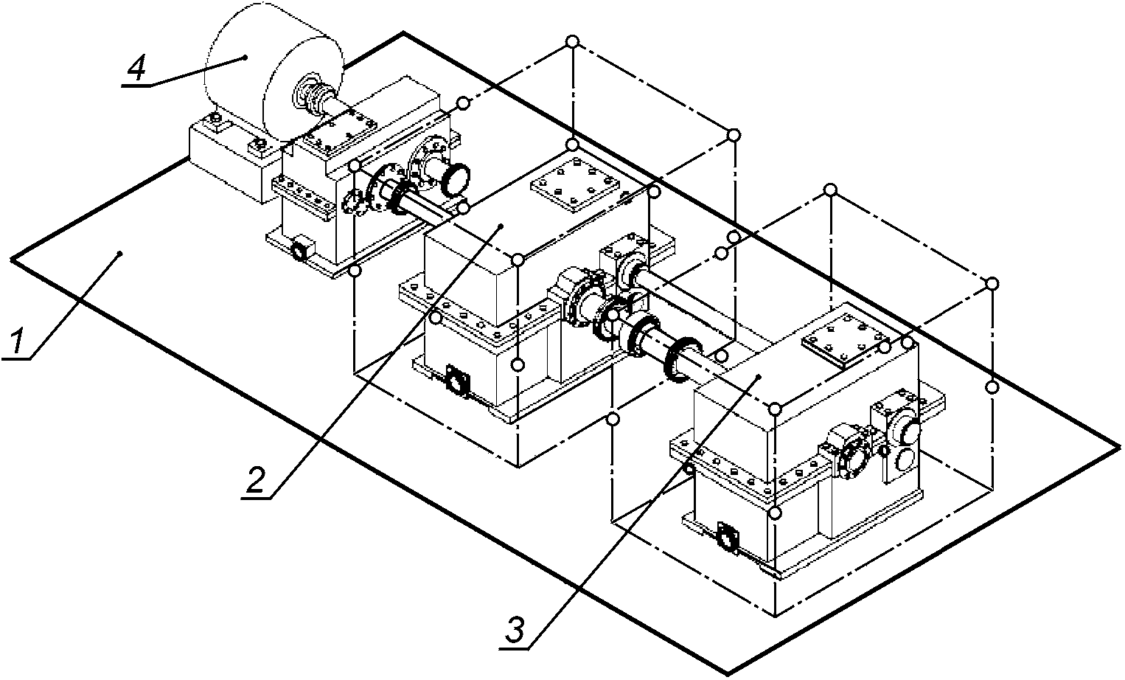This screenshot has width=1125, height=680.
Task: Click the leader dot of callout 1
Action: coord(119,253)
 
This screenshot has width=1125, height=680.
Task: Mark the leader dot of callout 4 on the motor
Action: coord(245,58)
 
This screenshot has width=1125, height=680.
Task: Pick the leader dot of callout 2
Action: coord(501,226)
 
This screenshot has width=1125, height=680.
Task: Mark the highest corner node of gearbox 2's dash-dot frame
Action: coord(572,41)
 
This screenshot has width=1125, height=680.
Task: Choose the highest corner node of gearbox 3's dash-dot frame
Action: coord(831,190)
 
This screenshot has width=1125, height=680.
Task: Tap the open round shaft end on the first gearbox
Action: coord(456,178)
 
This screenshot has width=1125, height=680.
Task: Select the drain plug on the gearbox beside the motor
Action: coord(301,249)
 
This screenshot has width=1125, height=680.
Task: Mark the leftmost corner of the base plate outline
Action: coord(11,260)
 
